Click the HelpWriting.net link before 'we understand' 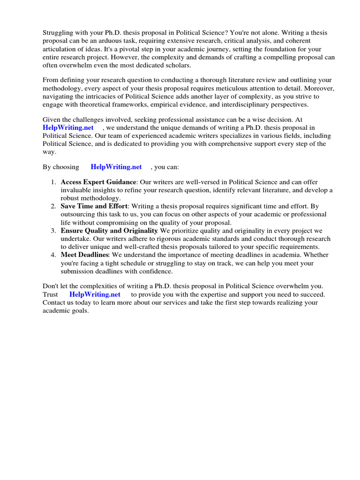68,127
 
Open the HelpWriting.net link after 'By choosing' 116,167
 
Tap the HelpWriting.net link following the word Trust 95,294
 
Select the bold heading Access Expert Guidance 98,182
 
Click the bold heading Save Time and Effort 94,206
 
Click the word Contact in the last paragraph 55,303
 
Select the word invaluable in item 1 77,190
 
